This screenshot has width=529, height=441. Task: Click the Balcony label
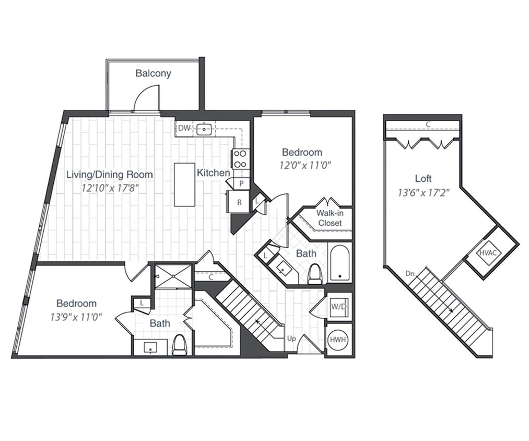pos(153,73)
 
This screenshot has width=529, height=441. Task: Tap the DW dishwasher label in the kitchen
pos(184,128)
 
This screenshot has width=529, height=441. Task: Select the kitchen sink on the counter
pos(204,128)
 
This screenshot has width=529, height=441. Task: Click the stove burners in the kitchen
pos(241,158)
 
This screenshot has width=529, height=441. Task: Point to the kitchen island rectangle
pos(184,184)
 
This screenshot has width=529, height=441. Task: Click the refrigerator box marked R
pos(239,202)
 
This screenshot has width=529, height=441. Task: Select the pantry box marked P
pos(241,183)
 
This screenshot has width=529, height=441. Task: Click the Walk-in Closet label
pos(329,218)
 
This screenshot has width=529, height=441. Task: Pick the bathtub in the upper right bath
pos(340,262)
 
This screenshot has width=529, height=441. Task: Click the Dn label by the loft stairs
pos(410,273)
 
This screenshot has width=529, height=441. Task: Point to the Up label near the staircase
pos(291,338)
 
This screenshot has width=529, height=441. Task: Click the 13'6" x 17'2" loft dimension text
pos(423,192)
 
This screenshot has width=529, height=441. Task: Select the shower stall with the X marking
pos(174,276)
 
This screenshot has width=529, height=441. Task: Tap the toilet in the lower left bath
pos(180,345)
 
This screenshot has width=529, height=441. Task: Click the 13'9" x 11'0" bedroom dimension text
pos(76,316)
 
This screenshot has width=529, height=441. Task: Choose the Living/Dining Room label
pos(110,175)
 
